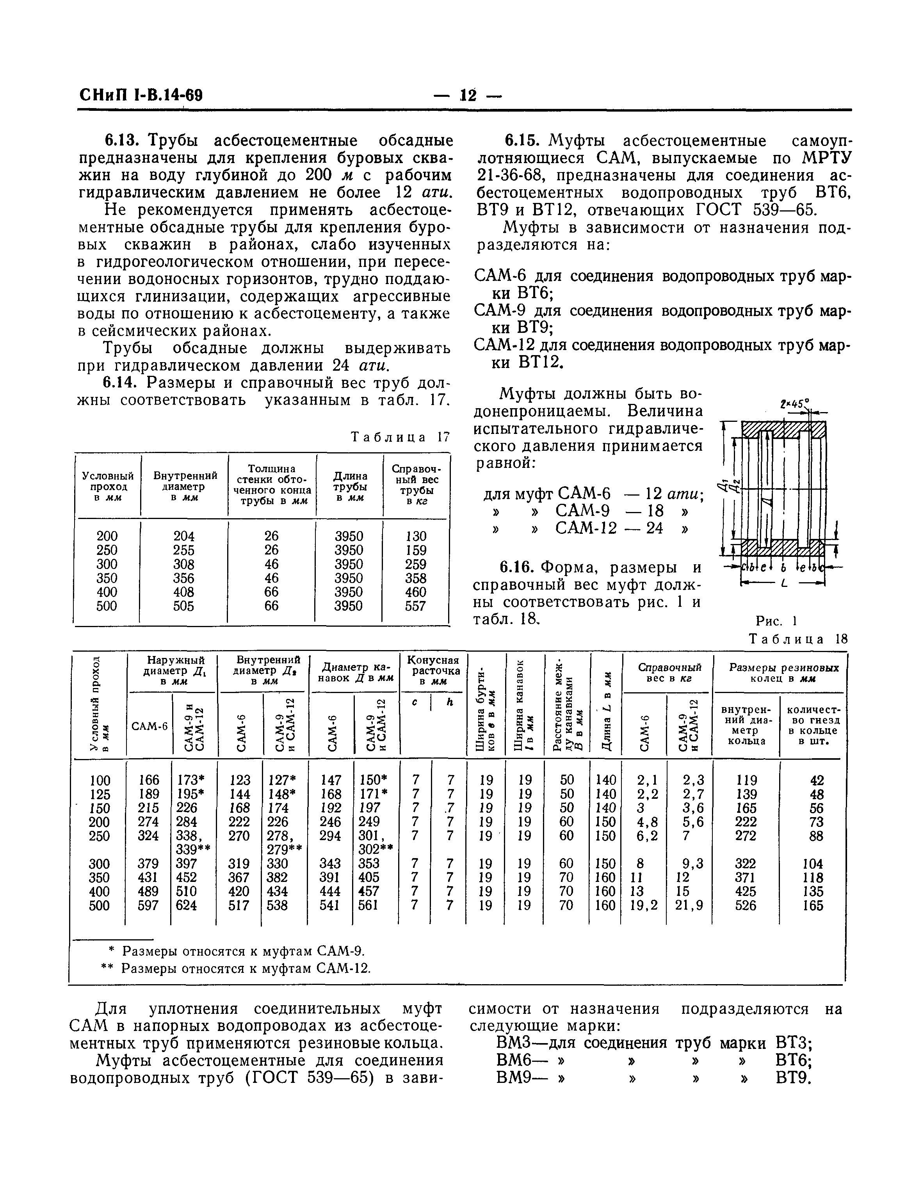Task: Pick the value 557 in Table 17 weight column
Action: coord(415,606)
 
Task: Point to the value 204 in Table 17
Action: coord(184,536)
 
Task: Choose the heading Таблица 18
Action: coord(799,639)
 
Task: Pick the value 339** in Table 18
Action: coord(193,850)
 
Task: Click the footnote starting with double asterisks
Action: coord(236,968)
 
